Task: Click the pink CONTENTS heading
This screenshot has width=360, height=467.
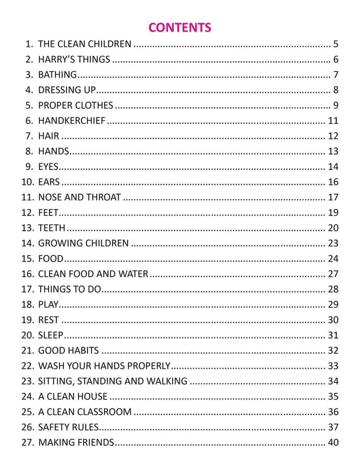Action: [x=180, y=27]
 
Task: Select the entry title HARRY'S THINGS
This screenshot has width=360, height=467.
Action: [x=74, y=60]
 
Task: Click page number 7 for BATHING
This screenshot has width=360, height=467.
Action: [x=336, y=75]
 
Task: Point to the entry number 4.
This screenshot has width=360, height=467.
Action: [x=29, y=90]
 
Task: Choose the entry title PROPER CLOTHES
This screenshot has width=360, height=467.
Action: [x=75, y=105]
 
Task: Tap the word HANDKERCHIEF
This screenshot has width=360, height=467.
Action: [x=72, y=121]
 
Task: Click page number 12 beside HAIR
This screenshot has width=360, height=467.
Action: [x=333, y=136]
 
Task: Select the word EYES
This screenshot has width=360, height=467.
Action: [x=48, y=166]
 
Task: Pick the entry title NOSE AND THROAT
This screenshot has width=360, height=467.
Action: [x=79, y=197]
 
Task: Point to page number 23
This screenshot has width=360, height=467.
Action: [x=333, y=243]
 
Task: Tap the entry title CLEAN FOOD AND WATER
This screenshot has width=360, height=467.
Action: [x=93, y=274]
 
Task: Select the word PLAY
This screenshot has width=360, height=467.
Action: [x=48, y=304]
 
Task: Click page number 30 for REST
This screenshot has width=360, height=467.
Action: [x=333, y=320]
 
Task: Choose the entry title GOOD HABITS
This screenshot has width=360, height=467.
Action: [x=68, y=350]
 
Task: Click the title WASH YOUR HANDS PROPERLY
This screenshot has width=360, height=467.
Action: [x=104, y=366]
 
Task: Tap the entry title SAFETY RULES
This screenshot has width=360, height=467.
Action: [x=68, y=427]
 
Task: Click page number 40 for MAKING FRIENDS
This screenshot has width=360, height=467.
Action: [x=333, y=442]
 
